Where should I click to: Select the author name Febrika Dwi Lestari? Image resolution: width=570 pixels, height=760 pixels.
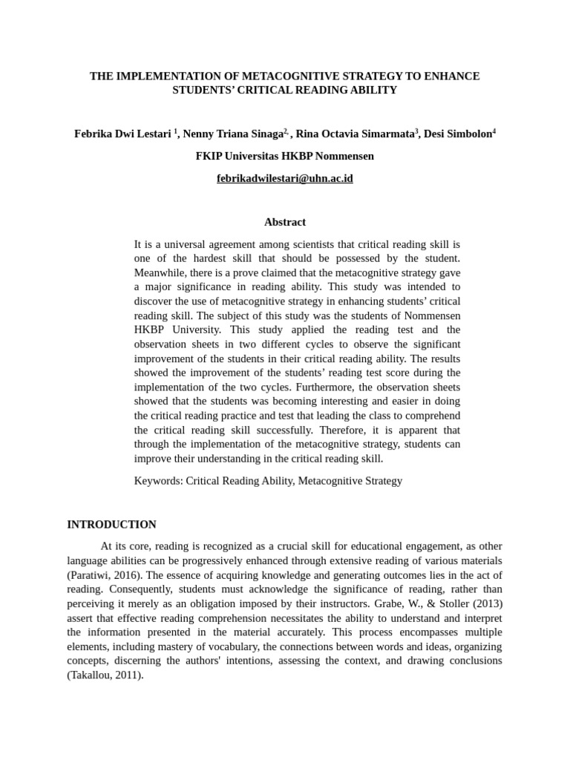123,134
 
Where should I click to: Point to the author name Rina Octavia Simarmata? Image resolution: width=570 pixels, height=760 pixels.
355,134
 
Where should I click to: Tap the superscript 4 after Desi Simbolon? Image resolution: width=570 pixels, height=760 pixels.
494,131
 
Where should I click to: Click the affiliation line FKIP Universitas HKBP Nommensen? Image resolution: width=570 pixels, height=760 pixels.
285,157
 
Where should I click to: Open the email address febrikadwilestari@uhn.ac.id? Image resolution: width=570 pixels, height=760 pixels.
285,179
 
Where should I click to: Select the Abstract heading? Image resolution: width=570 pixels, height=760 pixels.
285,222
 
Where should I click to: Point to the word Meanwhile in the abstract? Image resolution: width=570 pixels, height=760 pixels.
160,273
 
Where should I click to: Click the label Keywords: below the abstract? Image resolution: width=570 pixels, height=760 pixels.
158,481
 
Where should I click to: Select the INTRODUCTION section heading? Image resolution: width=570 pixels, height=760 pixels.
112,525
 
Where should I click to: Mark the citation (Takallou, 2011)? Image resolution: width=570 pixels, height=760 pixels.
105,675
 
